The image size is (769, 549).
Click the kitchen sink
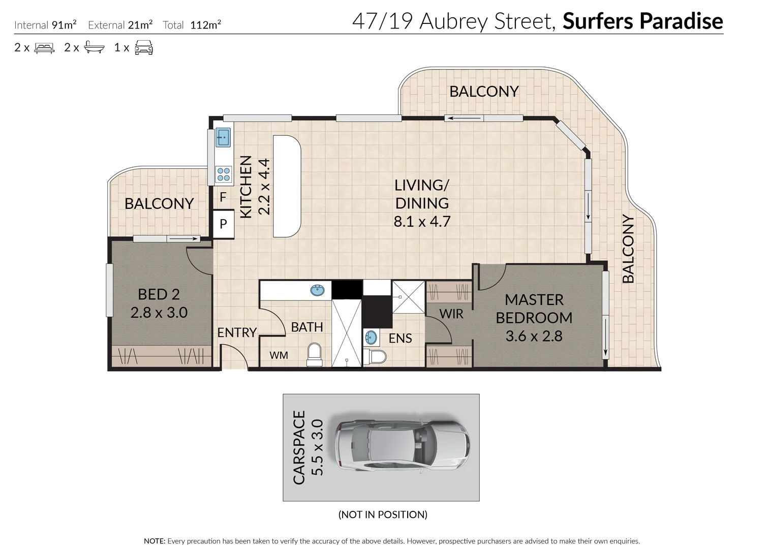pyautogui.click(x=223, y=137)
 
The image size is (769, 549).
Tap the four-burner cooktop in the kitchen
pyautogui.click(x=224, y=174)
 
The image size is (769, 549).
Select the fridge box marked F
pyautogui.click(x=223, y=197)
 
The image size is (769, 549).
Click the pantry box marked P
pyautogui.click(x=223, y=224)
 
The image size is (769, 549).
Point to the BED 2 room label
pyautogui.click(x=159, y=294)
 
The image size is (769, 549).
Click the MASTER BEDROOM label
pyautogui.click(x=534, y=309)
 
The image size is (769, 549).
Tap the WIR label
pyautogui.click(x=451, y=314)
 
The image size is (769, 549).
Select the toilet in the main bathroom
pyautogui.click(x=315, y=354)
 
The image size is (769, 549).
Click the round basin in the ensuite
pyautogui.click(x=372, y=337)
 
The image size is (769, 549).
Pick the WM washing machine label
pyautogui.click(x=279, y=355)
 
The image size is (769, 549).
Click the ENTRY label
pyautogui.click(x=236, y=332)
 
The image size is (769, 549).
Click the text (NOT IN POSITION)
pyautogui.click(x=383, y=514)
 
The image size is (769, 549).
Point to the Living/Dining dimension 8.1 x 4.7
pyautogui.click(x=422, y=222)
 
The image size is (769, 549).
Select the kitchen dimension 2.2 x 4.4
pyautogui.click(x=264, y=187)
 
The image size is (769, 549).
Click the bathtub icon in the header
pyautogui.click(x=94, y=48)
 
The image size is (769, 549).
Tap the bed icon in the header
pyautogui.click(x=44, y=48)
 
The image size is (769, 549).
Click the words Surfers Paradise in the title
pyautogui.click(x=642, y=21)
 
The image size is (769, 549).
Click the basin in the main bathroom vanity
pyautogui.click(x=318, y=290)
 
